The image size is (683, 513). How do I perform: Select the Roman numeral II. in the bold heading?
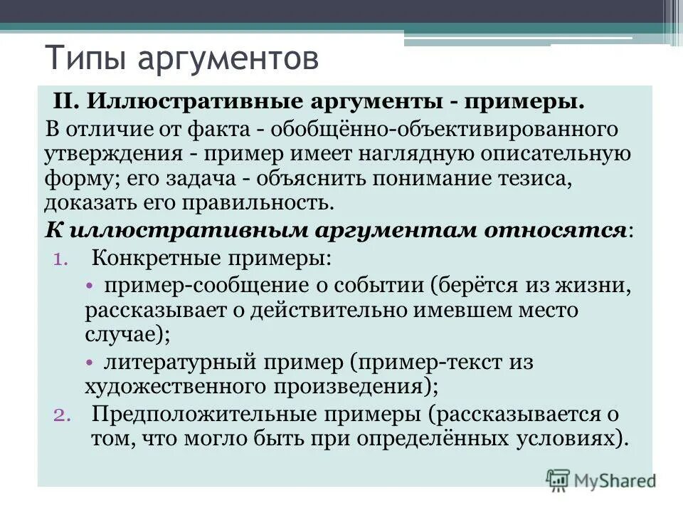(68, 101)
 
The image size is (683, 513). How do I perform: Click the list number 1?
(60, 258)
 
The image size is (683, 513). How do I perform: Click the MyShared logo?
(601, 480)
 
